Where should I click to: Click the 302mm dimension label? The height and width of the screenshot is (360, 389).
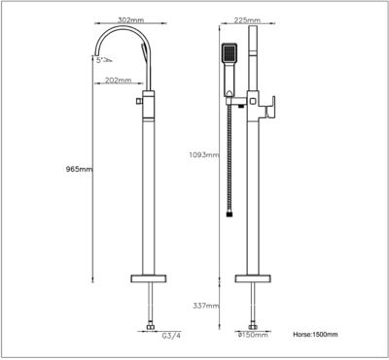pos(130,20)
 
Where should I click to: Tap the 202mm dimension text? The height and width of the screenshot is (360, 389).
pos(118,81)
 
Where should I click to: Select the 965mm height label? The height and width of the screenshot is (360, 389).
pos(78,169)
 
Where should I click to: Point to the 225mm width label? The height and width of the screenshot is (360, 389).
pos(247,20)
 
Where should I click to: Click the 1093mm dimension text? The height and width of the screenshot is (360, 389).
pos(204,154)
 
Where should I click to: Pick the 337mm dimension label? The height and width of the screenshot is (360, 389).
pos(206,306)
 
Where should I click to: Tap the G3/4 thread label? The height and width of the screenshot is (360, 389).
pos(171,336)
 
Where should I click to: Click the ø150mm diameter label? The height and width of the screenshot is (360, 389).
pos(253,335)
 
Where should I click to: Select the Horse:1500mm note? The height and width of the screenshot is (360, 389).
pos(315,335)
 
